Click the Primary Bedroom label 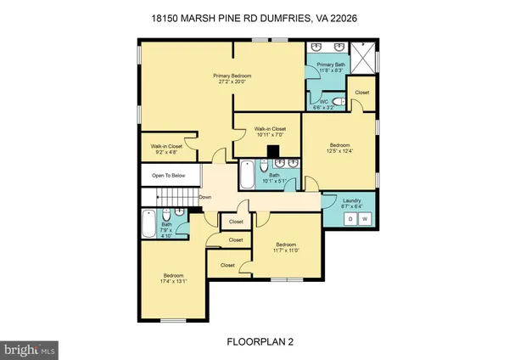pyautogui.click(x=233, y=76)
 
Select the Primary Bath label pyautogui.click(x=331, y=65)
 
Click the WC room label pyautogui.click(x=323, y=103)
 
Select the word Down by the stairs pyautogui.click(x=204, y=199)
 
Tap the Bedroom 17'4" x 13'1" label pyautogui.click(x=175, y=277)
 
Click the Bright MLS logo pyautogui.click(x=30, y=348)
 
